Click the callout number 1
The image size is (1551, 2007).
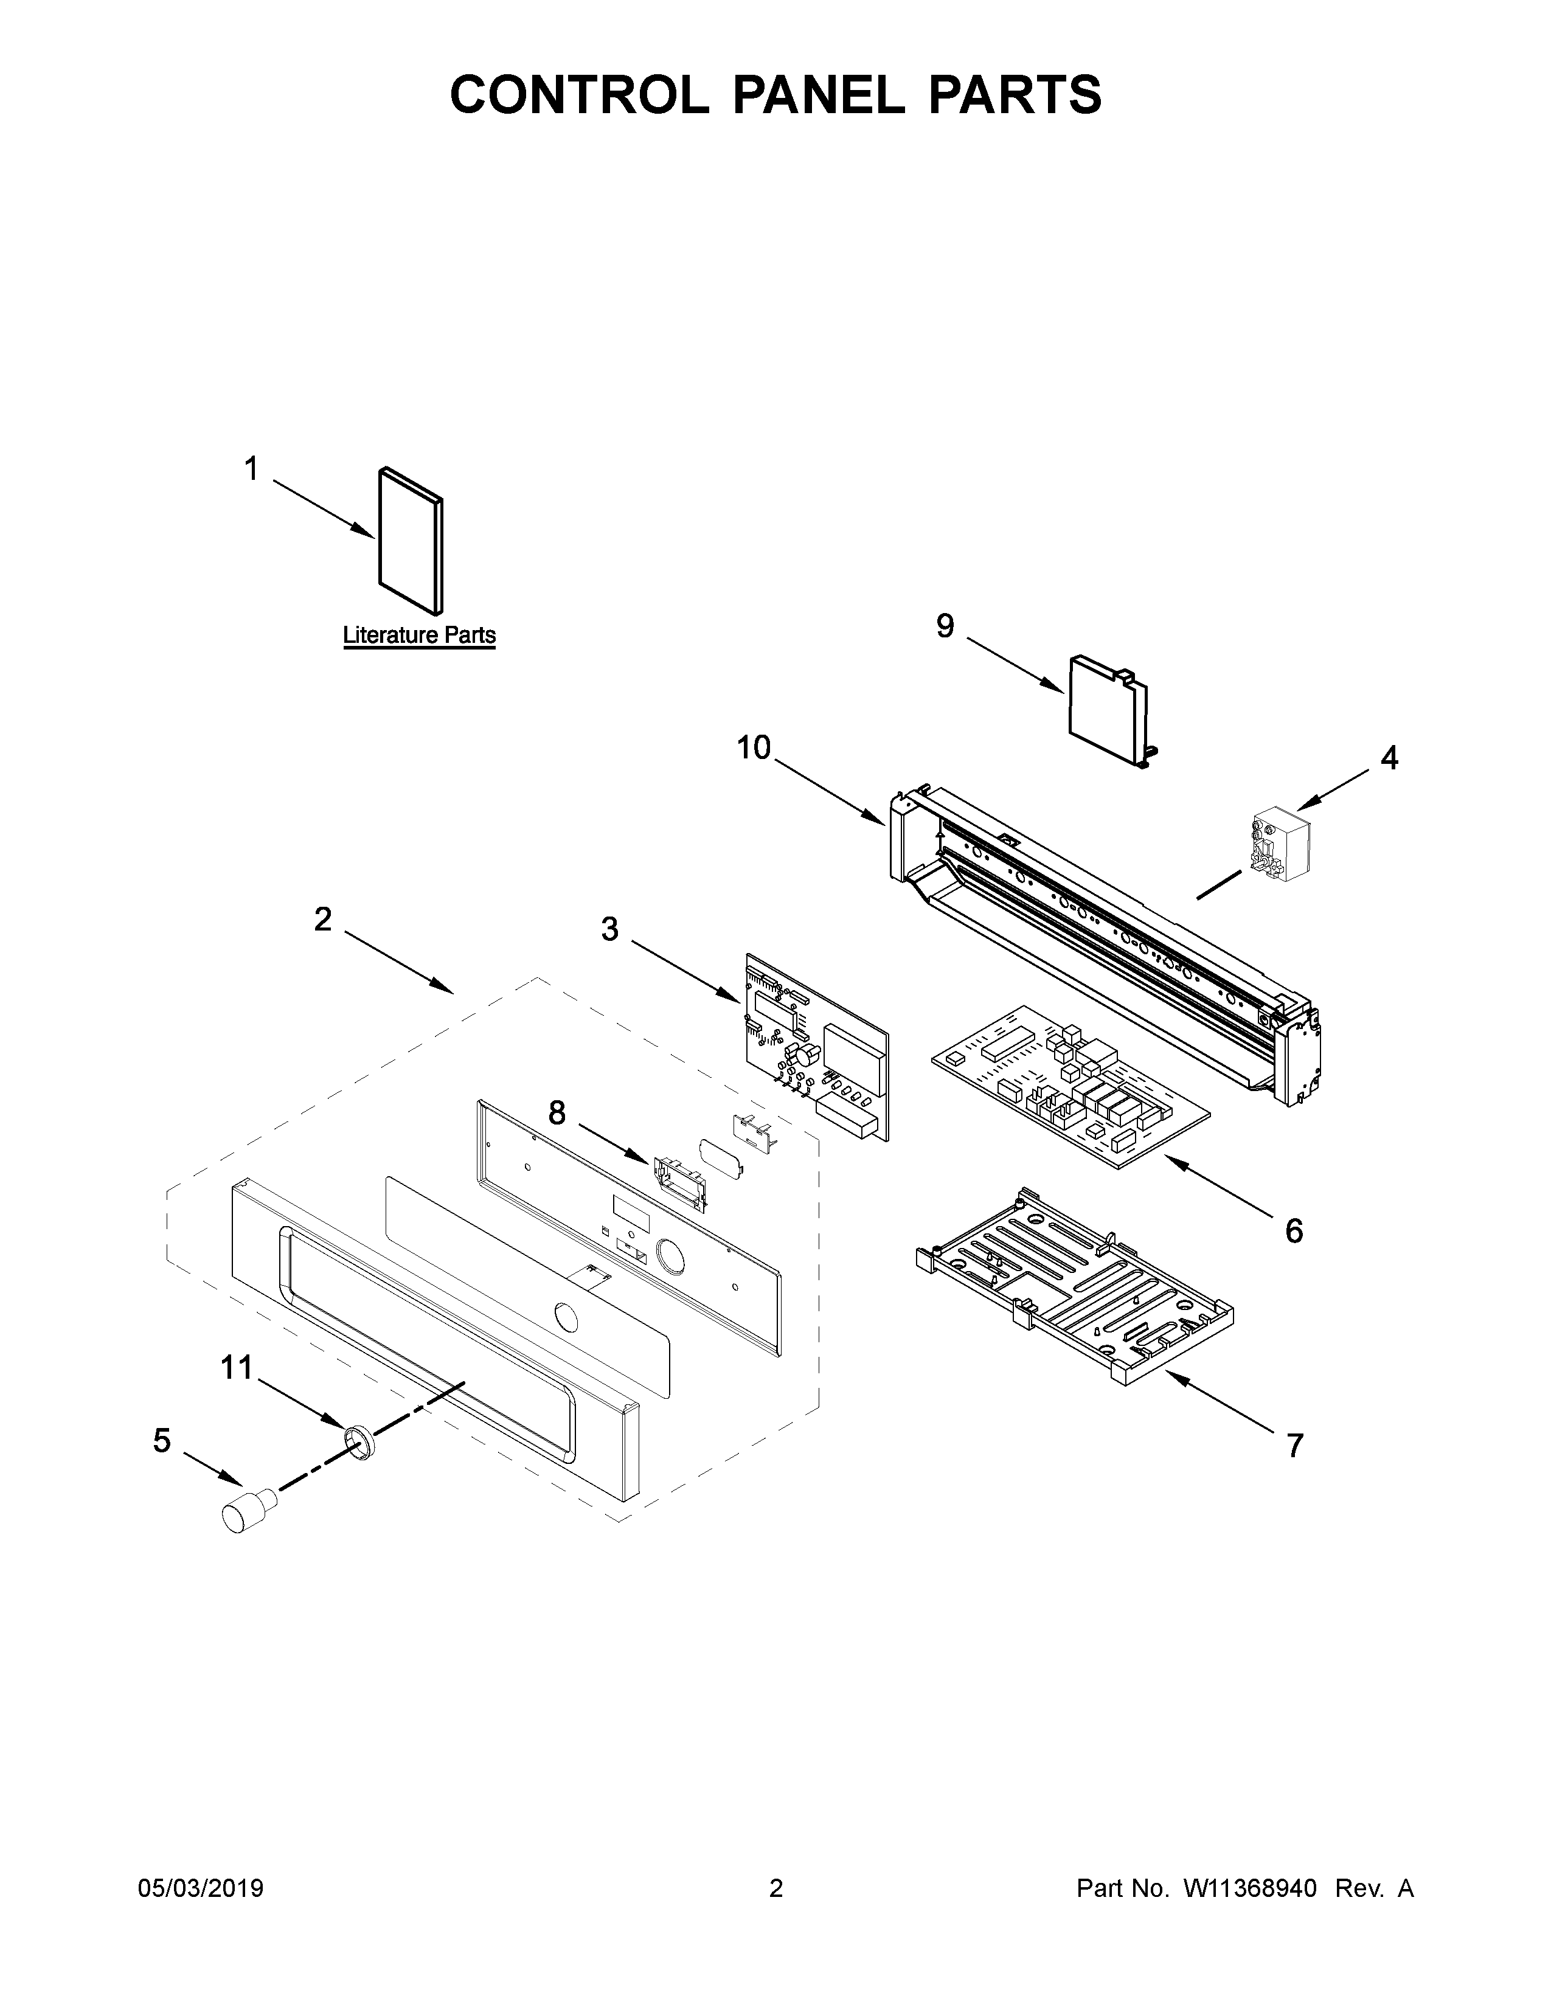(251, 470)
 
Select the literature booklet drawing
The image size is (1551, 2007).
(410, 539)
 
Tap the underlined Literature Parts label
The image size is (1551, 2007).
(419, 635)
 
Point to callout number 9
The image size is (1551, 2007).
(945, 626)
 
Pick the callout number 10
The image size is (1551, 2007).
(754, 748)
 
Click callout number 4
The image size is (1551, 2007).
(1389, 758)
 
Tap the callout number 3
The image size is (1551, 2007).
(610, 929)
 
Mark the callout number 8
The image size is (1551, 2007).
(557, 1113)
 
